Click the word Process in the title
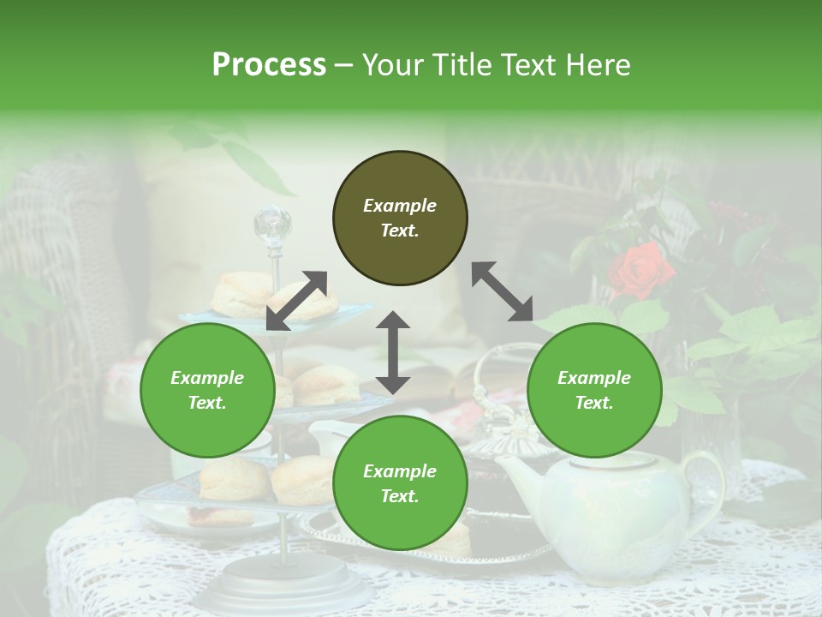click(x=269, y=65)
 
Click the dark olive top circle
click(x=400, y=219)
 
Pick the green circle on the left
click(x=207, y=390)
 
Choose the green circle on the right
click(x=594, y=390)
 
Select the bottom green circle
click(x=400, y=483)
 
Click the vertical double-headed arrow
click(x=393, y=352)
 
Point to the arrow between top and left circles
click(x=296, y=301)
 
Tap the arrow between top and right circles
click(x=503, y=291)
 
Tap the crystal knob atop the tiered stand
click(x=273, y=225)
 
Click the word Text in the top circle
click(x=400, y=231)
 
